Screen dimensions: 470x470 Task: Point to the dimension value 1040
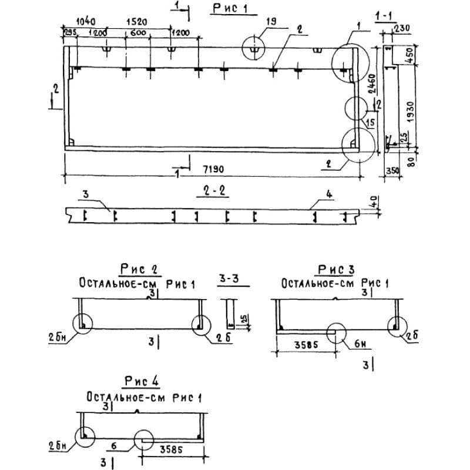[x=73, y=21]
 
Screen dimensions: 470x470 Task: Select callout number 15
[x=369, y=122]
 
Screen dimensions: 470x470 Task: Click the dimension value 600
[x=139, y=33]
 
